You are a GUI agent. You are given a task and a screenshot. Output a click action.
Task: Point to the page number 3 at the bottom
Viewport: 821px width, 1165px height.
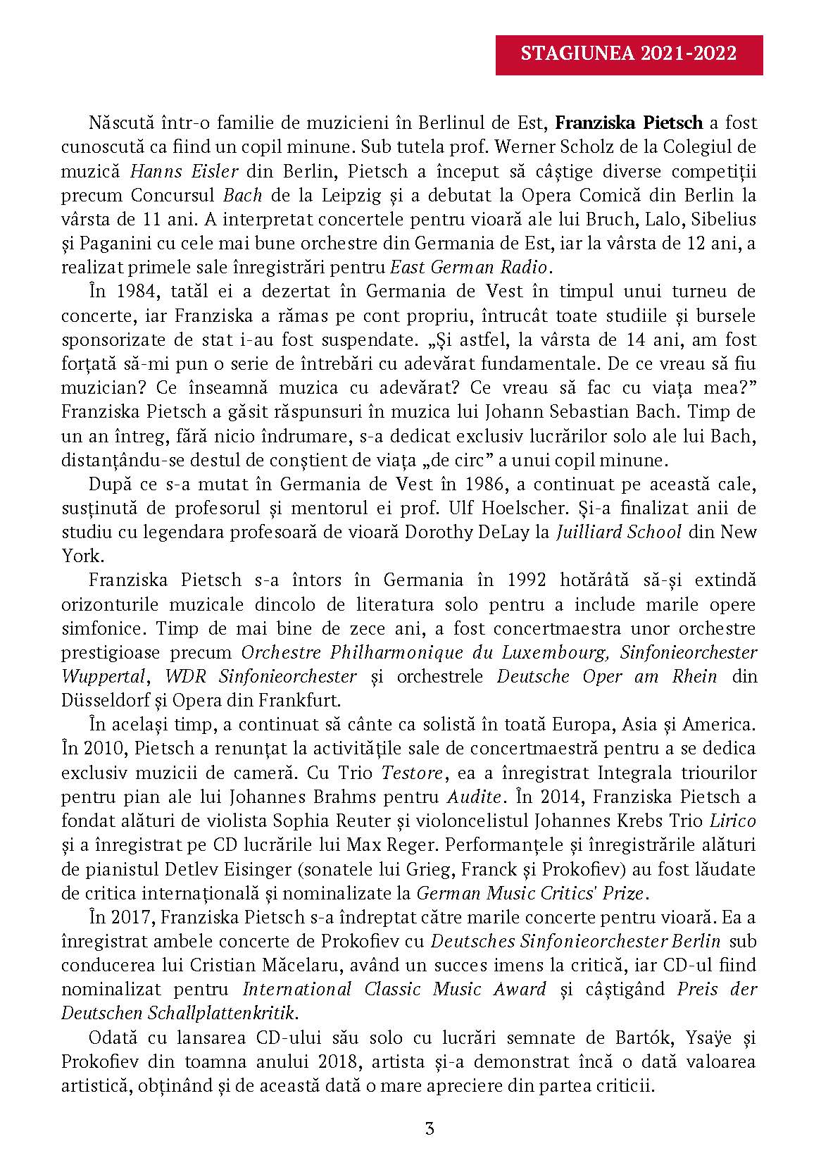[x=430, y=1128]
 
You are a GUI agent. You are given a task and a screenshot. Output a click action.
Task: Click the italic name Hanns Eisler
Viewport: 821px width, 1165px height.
[x=184, y=171]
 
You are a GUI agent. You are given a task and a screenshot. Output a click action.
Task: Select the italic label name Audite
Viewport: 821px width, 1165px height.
[x=475, y=797]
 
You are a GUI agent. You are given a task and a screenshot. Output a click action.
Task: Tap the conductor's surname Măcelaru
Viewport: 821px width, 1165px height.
[x=263, y=965]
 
